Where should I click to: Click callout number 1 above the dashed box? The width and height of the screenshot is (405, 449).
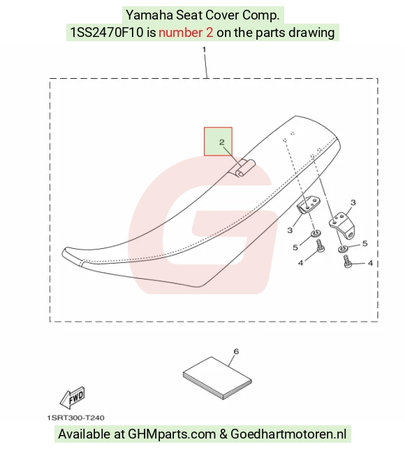click(x=204, y=50)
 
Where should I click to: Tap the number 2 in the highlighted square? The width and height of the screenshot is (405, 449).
click(x=222, y=142)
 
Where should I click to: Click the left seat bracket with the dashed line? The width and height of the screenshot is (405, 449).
click(x=308, y=204)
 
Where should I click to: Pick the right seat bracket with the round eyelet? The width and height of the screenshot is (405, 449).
click(x=342, y=225)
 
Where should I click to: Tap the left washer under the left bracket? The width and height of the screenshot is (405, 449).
click(x=316, y=233)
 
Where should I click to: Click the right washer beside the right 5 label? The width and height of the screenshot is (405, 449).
click(x=342, y=248)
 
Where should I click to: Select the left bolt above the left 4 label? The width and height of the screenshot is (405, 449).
click(x=320, y=245)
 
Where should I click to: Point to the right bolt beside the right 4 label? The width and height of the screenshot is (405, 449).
click(x=348, y=261)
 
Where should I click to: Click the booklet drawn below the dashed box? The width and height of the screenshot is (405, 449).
click(x=217, y=378)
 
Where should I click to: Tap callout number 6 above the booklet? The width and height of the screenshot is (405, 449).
click(x=236, y=351)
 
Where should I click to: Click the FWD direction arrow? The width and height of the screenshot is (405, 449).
click(x=73, y=397)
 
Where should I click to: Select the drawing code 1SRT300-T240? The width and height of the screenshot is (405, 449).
click(x=75, y=418)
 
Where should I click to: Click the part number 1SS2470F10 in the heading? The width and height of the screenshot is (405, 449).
click(x=107, y=32)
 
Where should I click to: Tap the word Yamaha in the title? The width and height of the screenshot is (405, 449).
click(x=149, y=15)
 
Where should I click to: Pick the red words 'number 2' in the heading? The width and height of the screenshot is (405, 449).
click(x=186, y=32)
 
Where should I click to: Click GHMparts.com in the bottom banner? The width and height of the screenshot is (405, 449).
click(x=172, y=434)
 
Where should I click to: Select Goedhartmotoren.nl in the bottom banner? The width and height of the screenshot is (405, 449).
click(x=288, y=434)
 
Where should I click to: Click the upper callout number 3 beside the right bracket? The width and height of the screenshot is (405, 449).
click(x=353, y=203)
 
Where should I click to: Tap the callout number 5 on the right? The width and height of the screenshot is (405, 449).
click(x=364, y=243)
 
